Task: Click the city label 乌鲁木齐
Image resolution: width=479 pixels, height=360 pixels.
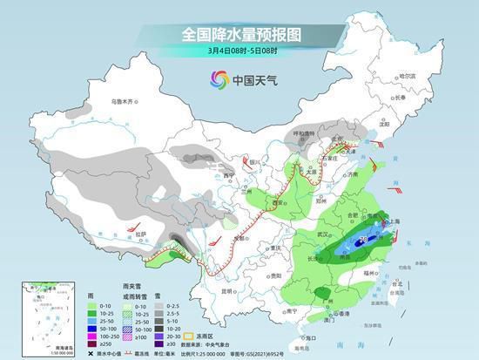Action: (124, 103)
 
